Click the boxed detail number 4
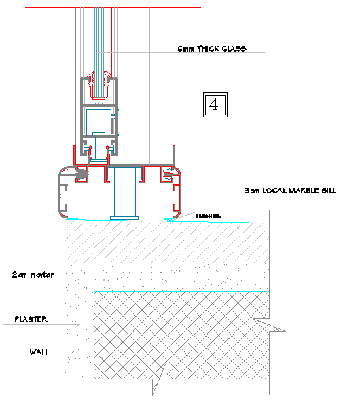click(x=214, y=104)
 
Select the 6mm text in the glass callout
click(x=185, y=49)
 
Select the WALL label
click(x=38, y=351)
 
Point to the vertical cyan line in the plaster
click(x=93, y=319)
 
